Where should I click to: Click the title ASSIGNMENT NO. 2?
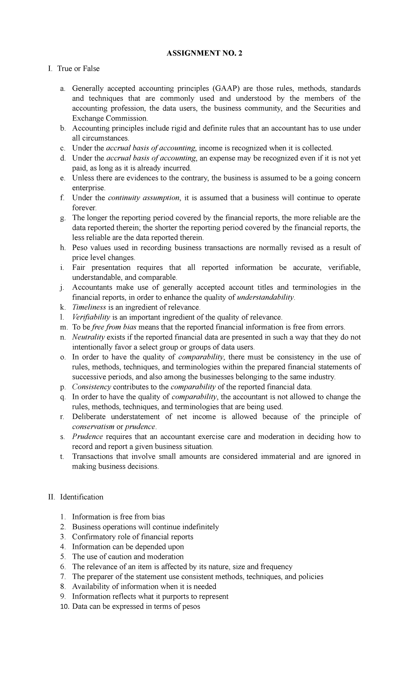204,54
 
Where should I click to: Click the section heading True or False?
78,69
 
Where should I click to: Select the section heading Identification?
81,497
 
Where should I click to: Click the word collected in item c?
317,148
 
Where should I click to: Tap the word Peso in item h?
80,248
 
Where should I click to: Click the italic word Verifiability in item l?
91,317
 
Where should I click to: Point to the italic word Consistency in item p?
92,387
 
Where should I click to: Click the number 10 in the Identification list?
64,607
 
